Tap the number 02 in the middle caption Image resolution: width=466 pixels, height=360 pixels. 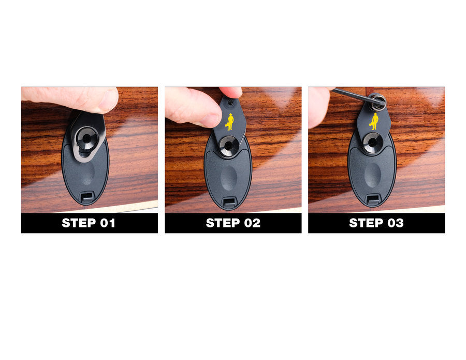[x=251, y=223]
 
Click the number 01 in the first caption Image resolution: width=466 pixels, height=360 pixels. [x=106, y=223]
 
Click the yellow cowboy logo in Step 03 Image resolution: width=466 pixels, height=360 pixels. [x=373, y=121]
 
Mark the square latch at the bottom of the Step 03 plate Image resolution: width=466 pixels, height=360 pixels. [x=372, y=199]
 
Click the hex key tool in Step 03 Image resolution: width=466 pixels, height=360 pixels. [x=352, y=95]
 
